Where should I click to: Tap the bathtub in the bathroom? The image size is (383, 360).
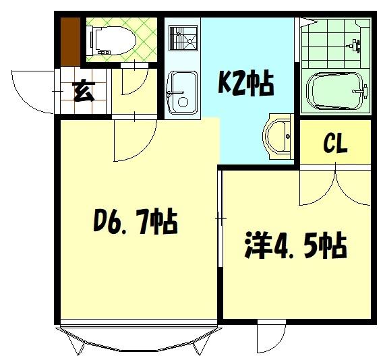pos(335,91)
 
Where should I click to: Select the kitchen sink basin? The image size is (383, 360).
pos(180,93)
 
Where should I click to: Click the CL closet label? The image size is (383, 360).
pos(335,144)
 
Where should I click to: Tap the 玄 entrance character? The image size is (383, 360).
pos(84,91)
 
